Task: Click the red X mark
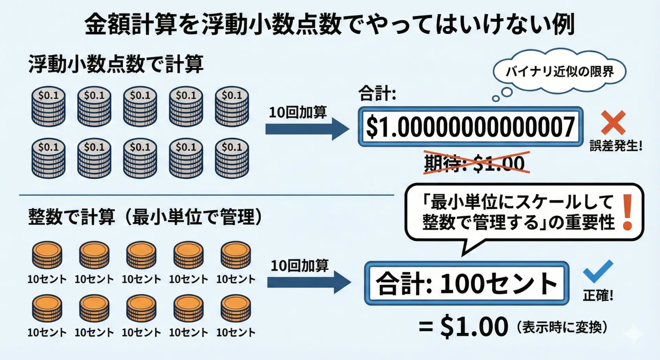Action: (613, 123)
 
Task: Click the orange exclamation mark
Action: (628, 212)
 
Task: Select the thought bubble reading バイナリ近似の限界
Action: (559, 72)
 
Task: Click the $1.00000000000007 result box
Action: (471, 127)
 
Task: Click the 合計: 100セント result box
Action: (466, 283)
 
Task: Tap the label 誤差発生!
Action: (616, 146)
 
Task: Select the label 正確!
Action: (598, 295)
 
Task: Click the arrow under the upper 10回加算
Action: (307, 129)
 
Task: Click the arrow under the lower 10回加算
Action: (309, 282)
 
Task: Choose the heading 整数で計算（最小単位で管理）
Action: (145, 217)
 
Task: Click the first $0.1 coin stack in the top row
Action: (48, 106)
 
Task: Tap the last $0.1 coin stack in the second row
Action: (232, 158)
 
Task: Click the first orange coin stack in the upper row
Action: (47, 255)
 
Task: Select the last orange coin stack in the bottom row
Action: (236, 308)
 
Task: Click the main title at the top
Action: (330, 24)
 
